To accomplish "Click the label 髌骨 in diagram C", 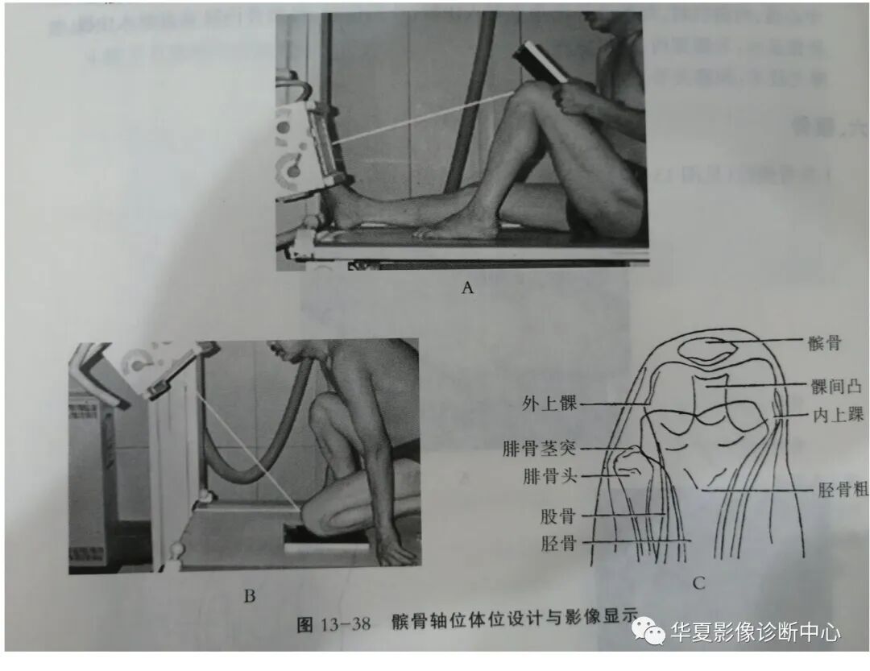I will tap(825, 344).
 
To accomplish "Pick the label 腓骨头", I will tap(550, 477).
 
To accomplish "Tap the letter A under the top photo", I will tap(466, 288).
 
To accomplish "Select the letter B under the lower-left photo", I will tap(249, 596).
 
